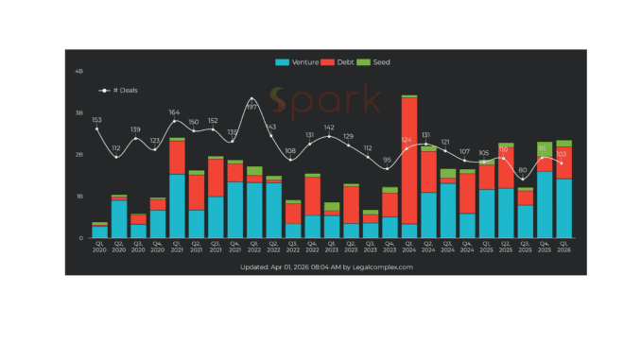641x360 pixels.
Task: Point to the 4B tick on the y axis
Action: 79,71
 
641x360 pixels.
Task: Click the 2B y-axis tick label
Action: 79,154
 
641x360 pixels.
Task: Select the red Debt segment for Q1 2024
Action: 409,161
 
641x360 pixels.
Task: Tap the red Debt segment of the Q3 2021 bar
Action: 215,178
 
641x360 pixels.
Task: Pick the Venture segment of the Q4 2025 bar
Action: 545,204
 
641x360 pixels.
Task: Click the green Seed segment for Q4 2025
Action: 545,149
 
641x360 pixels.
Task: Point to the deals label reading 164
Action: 174,112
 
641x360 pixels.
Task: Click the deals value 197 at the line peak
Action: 251,108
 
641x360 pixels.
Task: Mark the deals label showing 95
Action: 388,160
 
